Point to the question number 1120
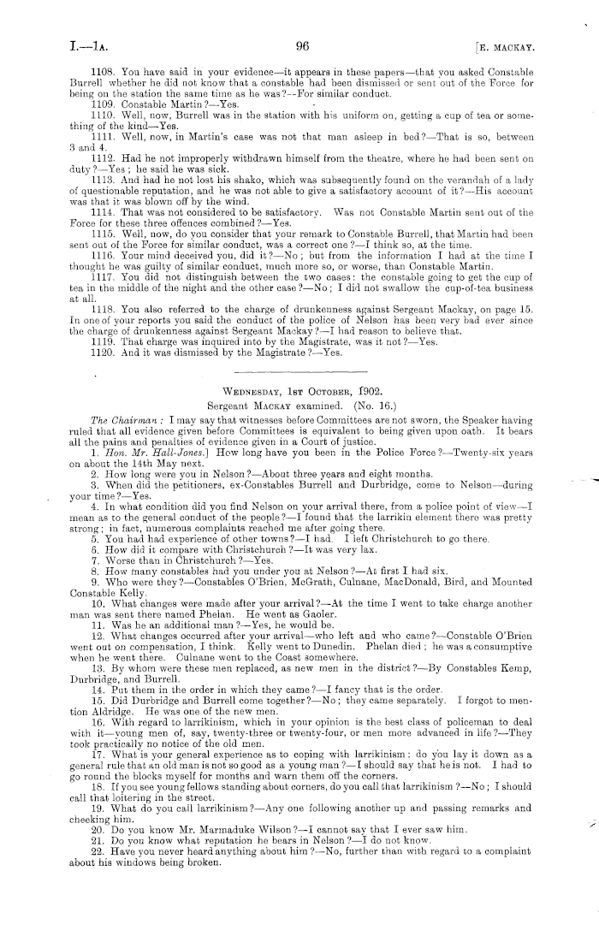103,352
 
